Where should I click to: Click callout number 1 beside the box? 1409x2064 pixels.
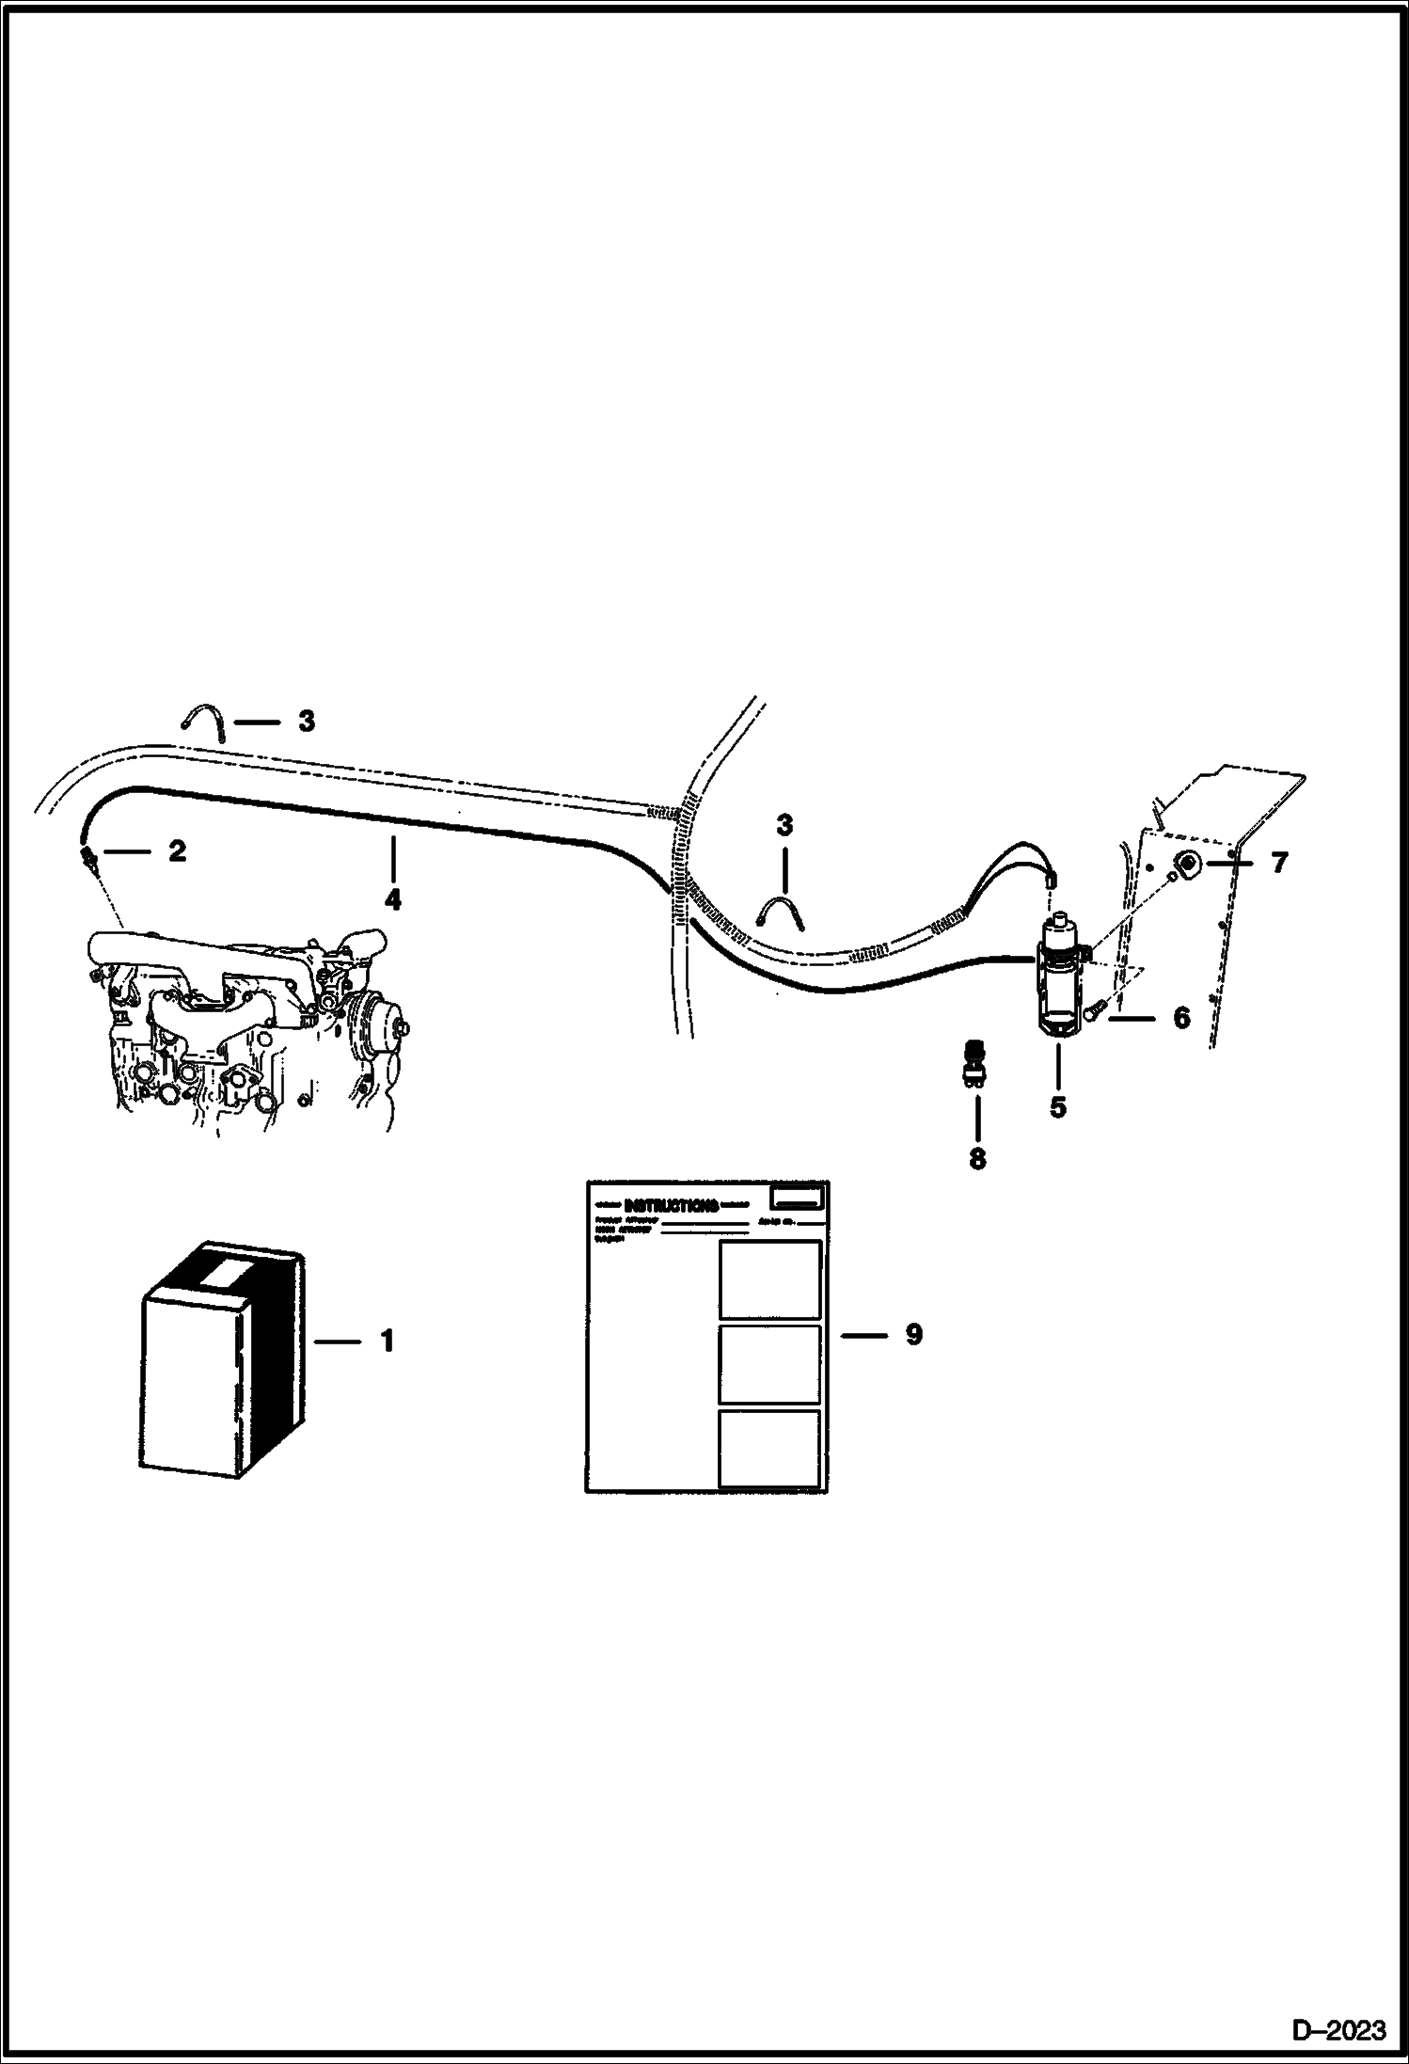(x=387, y=1341)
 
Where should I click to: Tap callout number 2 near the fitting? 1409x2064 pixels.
(x=177, y=851)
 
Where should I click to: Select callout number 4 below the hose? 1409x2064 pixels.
(x=393, y=899)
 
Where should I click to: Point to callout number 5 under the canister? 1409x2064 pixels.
(x=1058, y=1107)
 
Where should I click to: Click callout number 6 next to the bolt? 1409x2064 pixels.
(x=1181, y=1017)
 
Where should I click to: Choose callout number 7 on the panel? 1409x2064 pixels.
(x=1278, y=862)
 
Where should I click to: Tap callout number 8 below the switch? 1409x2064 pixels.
(x=977, y=1159)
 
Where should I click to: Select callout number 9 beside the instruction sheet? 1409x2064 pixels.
(x=913, y=1334)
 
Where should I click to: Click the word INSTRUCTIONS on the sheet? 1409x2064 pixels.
(x=671, y=1205)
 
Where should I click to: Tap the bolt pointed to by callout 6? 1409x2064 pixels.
(x=1093, y=1012)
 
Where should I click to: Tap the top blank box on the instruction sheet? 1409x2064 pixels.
(x=769, y=1279)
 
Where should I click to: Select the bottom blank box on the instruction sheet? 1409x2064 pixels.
(x=769, y=1449)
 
